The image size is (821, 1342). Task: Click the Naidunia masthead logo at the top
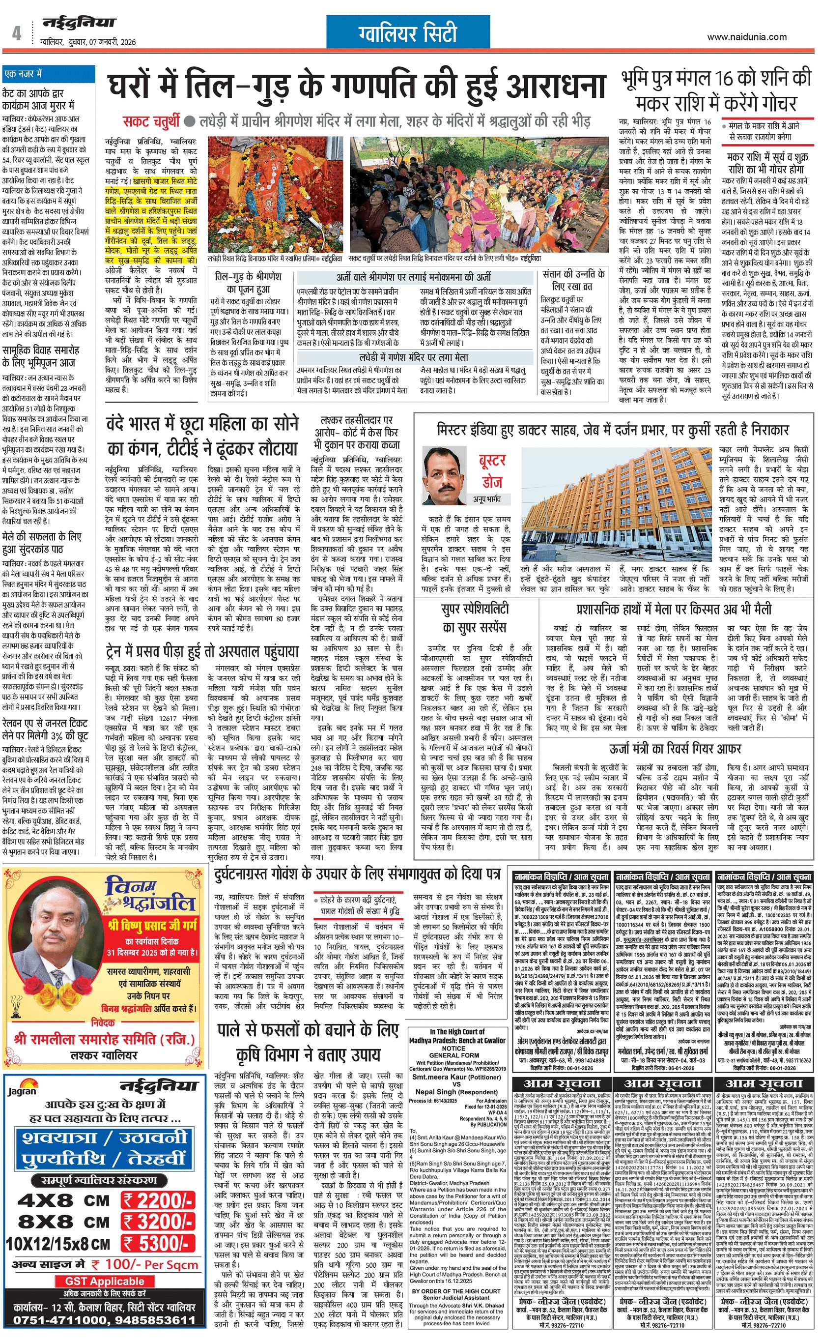(80, 24)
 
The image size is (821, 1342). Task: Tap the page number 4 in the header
(17, 34)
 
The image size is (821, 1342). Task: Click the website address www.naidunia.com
(746, 37)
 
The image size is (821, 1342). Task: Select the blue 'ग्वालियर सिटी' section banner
(408, 34)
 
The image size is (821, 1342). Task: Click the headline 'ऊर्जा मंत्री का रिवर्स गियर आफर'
(675, 750)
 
